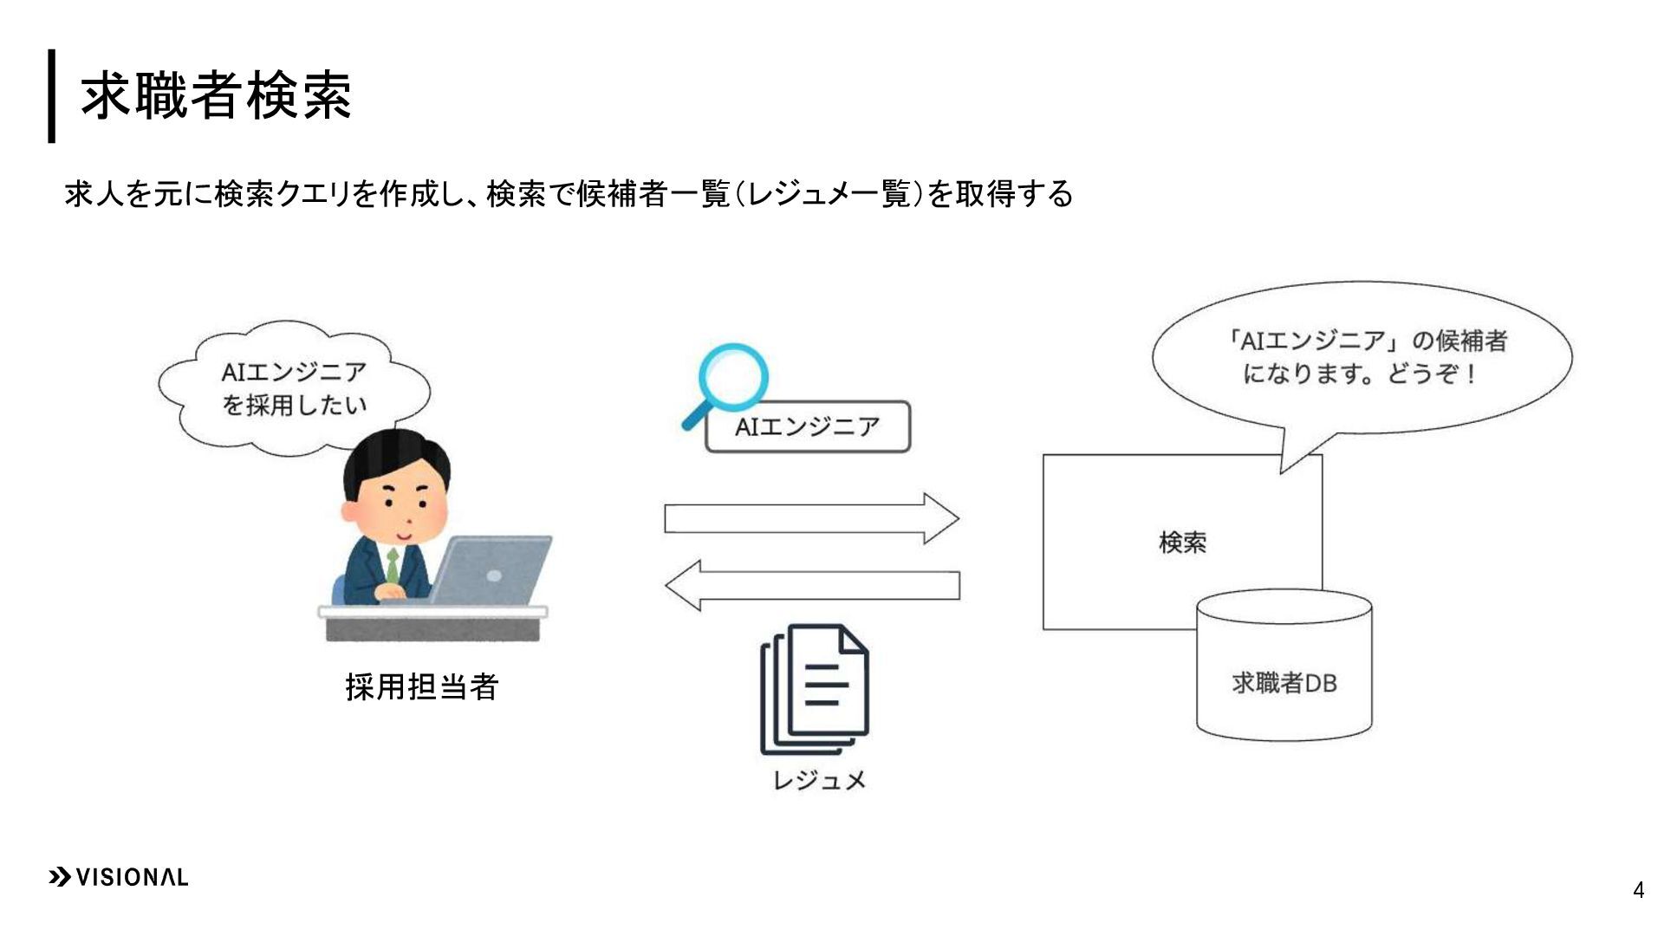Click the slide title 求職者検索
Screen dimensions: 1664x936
click(216, 94)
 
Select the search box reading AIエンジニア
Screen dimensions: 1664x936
click(808, 426)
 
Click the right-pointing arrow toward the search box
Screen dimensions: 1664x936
click(811, 518)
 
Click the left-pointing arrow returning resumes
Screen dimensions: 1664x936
click(811, 586)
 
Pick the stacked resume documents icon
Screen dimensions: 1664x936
click(814, 689)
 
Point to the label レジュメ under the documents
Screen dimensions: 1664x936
click(819, 780)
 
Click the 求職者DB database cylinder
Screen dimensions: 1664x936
click(1284, 666)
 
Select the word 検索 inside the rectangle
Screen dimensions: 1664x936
click(1182, 543)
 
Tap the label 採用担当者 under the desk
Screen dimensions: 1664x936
click(421, 686)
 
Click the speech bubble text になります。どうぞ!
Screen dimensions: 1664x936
click(1359, 374)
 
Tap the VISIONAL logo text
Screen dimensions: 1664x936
click(132, 877)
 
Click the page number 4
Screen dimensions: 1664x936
click(1637, 890)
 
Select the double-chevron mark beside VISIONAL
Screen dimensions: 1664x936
click(60, 877)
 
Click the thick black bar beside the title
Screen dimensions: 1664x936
click(52, 95)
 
